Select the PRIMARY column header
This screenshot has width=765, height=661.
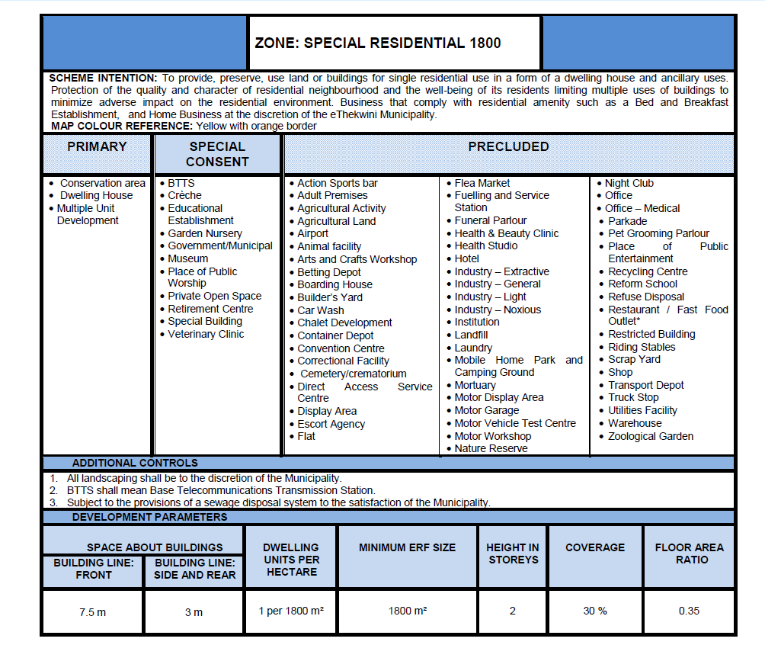pos(97,146)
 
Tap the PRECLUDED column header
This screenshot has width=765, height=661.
pos(508,146)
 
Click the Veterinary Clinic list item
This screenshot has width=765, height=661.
pos(206,334)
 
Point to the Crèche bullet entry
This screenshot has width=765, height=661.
pos(184,196)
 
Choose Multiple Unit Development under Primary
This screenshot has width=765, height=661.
pos(88,214)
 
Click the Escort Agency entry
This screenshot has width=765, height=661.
pos(331,424)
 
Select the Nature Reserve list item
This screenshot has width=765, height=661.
pos(491,448)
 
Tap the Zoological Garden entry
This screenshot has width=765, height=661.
pos(650,436)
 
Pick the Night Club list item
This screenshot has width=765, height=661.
pos(629,183)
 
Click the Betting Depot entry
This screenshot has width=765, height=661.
pos(329,271)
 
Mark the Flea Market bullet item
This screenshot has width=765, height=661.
pos(482,183)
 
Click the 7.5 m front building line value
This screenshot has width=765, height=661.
pos(93,612)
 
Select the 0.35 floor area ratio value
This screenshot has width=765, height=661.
pos(689,611)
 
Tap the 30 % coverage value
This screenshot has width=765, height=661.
pos(595,611)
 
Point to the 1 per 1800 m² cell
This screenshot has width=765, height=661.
pos(290,611)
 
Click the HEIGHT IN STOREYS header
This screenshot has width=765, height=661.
pos(512,554)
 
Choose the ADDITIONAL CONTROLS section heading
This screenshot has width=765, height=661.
pos(135,463)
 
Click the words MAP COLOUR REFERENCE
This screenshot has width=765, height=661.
pos(121,126)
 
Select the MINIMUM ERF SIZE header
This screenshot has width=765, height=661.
pos(407,547)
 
